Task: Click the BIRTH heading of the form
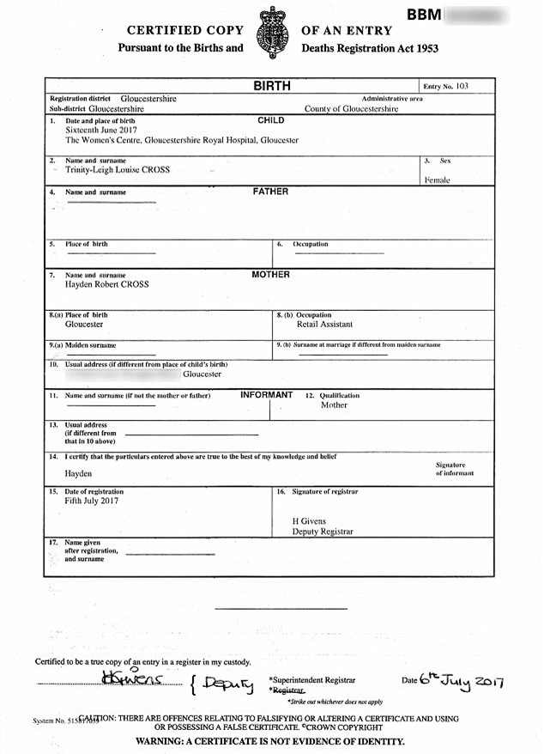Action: (x=271, y=87)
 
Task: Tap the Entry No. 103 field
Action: (x=447, y=87)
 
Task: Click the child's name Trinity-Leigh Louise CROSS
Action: (x=118, y=170)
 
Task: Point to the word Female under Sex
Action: (x=437, y=180)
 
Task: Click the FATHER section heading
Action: (x=271, y=192)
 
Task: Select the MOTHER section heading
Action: (x=271, y=275)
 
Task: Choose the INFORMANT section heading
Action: (x=267, y=395)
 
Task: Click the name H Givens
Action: (x=310, y=521)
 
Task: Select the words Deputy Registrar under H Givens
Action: (x=323, y=532)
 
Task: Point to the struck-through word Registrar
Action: (x=287, y=690)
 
